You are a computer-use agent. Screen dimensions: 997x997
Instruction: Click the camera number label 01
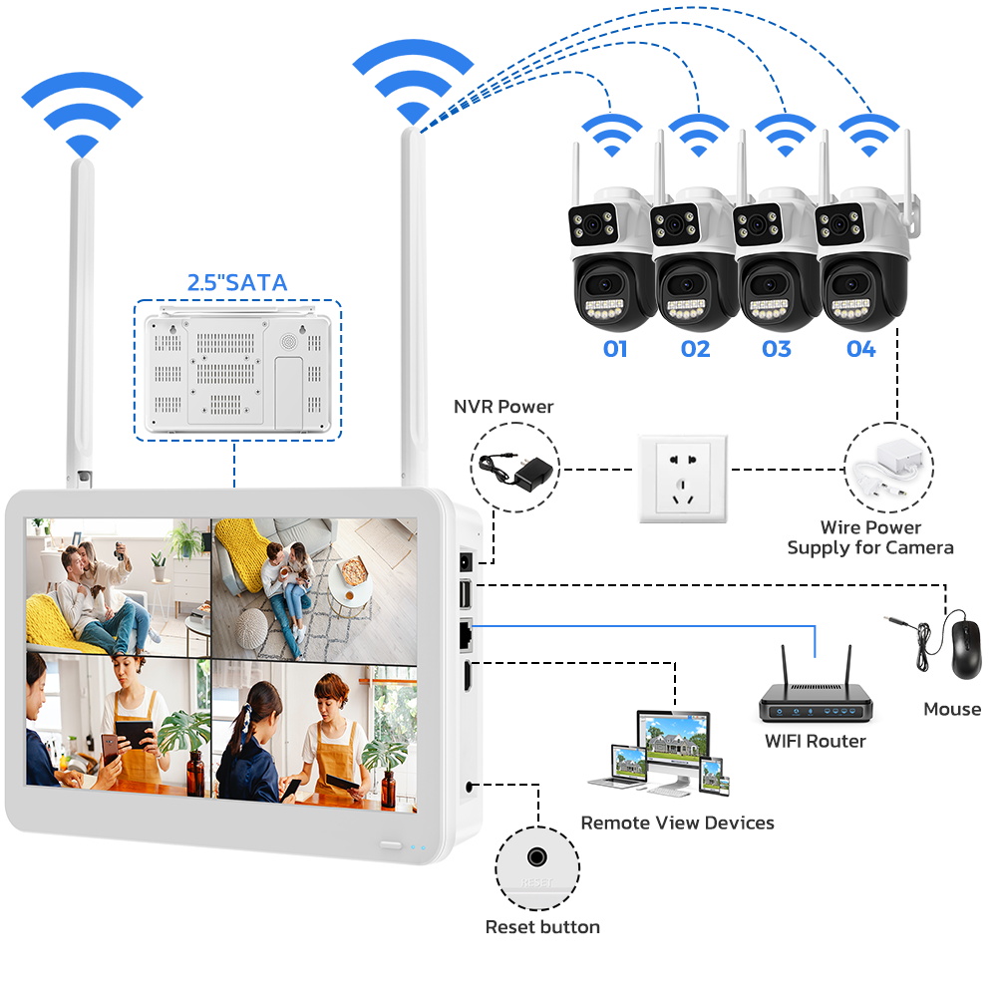click(615, 349)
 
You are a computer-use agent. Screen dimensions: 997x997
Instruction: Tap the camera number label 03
click(777, 349)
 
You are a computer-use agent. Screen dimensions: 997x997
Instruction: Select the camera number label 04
click(861, 349)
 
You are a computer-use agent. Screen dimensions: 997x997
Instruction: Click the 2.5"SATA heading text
click(237, 282)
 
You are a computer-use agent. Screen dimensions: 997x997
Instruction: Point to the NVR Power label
click(503, 407)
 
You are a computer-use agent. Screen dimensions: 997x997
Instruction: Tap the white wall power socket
click(683, 479)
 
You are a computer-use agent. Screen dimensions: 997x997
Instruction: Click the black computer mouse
click(965, 649)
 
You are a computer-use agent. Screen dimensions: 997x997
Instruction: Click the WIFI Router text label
click(816, 741)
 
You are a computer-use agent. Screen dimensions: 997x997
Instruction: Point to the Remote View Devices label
click(677, 823)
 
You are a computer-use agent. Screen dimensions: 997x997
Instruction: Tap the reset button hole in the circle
click(537, 857)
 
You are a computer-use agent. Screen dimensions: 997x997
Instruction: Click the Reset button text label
click(542, 927)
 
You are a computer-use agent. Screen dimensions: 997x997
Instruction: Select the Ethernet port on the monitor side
click(466, 633)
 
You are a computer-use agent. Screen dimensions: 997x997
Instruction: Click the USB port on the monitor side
click(466, 595)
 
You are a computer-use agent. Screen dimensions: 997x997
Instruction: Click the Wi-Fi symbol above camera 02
click(699, 136)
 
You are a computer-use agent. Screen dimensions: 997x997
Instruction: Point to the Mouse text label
click(952, 709)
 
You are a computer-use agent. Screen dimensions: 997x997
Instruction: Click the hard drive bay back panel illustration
click(238, 371)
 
